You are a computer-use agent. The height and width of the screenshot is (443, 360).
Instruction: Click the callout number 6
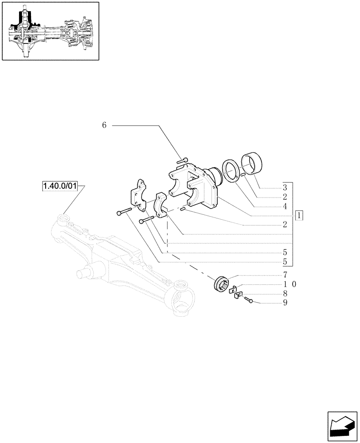pos(104,125)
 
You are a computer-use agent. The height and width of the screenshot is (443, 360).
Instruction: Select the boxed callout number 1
pos(300,216)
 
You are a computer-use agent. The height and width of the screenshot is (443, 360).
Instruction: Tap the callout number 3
pos(285,187)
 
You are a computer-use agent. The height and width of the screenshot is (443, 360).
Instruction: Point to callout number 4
pos(285,206)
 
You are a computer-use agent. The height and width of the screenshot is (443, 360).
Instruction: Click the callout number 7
pos(285,275)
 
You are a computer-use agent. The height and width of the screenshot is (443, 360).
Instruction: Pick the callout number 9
pos(285,303)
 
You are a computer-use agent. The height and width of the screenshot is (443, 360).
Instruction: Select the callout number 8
pos(285,294)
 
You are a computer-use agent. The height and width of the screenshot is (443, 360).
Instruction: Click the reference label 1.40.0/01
pos(59,187)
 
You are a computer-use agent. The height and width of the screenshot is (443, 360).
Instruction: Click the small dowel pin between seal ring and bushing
pos(244,176)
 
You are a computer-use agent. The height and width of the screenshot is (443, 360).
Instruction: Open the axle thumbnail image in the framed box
pos(50,31)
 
